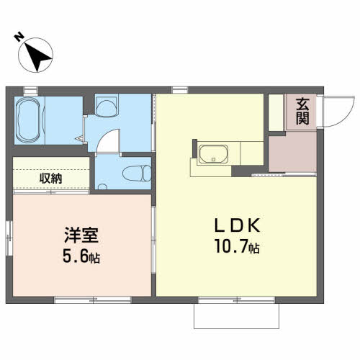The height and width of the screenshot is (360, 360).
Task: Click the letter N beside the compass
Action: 19,37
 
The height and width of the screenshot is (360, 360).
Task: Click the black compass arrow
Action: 37,56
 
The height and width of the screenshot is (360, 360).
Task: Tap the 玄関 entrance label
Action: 302,112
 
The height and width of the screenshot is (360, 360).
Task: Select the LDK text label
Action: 238,225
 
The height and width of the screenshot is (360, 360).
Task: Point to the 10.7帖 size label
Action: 238,246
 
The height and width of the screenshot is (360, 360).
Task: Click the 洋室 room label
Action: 81,235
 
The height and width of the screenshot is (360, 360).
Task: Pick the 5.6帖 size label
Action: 81,256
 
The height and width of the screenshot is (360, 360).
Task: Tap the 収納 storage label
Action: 50,179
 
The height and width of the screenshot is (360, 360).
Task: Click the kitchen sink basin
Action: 213,153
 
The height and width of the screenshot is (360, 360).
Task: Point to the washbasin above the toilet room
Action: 107,107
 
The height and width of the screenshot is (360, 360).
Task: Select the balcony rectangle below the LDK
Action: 236,316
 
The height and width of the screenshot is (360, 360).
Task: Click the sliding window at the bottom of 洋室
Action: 93,300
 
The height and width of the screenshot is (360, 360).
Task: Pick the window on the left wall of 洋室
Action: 9,238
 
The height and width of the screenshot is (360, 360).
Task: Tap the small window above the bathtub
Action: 31,91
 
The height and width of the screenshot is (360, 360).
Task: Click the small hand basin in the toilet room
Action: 102,186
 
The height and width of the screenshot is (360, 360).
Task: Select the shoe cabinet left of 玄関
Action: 276,112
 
